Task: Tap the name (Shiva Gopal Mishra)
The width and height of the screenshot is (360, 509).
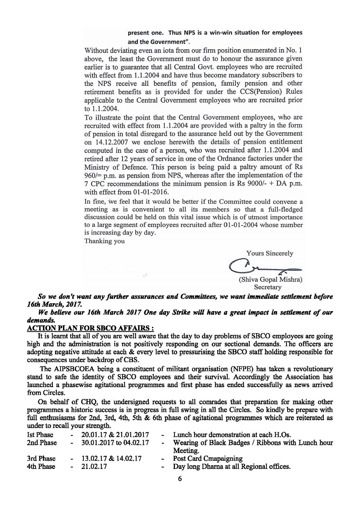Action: (x=270, y=280)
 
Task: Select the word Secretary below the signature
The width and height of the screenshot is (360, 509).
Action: (x=270, y=287)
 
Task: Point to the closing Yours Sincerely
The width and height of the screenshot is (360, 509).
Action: (x=270, y=253)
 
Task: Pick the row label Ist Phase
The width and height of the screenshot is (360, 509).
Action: (x=40, y=435)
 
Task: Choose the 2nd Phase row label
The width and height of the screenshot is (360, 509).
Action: (x=42, y=443)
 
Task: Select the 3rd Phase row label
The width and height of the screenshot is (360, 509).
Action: (x=41, y=459)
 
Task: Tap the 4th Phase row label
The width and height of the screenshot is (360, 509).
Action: (x=41, y=467)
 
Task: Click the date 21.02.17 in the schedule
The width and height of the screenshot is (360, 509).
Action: (x=94, y=467)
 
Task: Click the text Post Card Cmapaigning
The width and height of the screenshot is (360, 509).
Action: (x=208, y=459)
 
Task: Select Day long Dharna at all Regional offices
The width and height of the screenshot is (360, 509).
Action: (x=232, y=467)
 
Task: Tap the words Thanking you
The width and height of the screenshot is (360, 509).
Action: (x=104, y=241)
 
